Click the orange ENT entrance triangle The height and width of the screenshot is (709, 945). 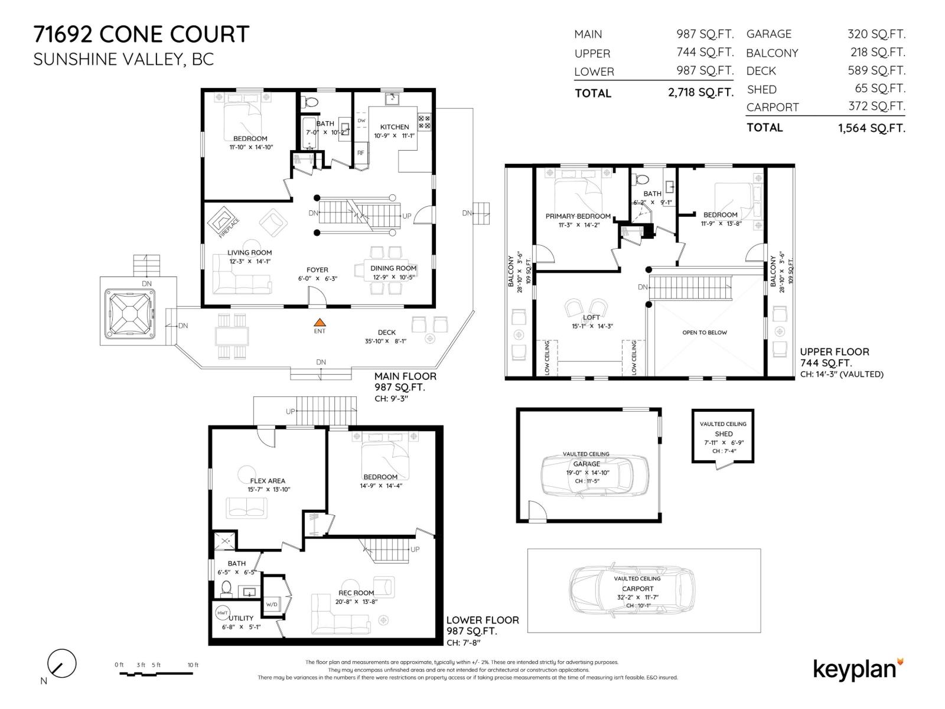point(320,323)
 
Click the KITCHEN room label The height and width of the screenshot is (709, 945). point(395,127)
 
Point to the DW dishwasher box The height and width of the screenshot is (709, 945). point(361,121)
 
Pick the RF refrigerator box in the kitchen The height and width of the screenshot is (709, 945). point(360,152)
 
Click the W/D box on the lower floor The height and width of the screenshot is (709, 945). point(272,604)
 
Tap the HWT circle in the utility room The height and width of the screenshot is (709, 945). point(223,613)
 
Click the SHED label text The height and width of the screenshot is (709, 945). point(724,434)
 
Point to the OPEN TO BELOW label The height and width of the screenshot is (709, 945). point(705,333)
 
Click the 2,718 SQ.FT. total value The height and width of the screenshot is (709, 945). point(700,93)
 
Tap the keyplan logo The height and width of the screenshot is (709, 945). point(857,669)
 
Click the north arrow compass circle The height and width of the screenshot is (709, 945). point(61,663)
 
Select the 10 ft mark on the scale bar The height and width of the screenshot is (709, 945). point(193,665)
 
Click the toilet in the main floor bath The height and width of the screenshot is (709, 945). point(310,102)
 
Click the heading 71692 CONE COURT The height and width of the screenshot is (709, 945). point(142,34)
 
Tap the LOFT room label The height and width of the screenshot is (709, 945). point(591,317)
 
